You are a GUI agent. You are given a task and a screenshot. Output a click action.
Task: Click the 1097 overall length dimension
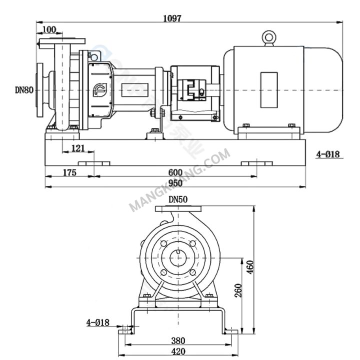click(x=172, y=18)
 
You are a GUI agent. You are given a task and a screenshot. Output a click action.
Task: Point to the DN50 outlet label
click(x=178, y=199)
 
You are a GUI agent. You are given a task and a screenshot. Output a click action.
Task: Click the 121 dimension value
click(x=77, y=148)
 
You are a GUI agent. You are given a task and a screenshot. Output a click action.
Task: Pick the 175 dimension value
click(x=69, y=172)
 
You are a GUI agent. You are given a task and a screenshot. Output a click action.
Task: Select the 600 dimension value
click(x=175, y=172)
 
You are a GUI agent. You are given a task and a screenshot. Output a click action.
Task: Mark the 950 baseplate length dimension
click(x=175, y=183)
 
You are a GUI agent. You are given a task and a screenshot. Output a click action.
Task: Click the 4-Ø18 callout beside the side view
click(x=327, y=154)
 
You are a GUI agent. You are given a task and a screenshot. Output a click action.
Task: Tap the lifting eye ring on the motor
click(x=269, y=37)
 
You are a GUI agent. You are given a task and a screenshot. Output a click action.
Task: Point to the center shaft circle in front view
click(x=177, y=257)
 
